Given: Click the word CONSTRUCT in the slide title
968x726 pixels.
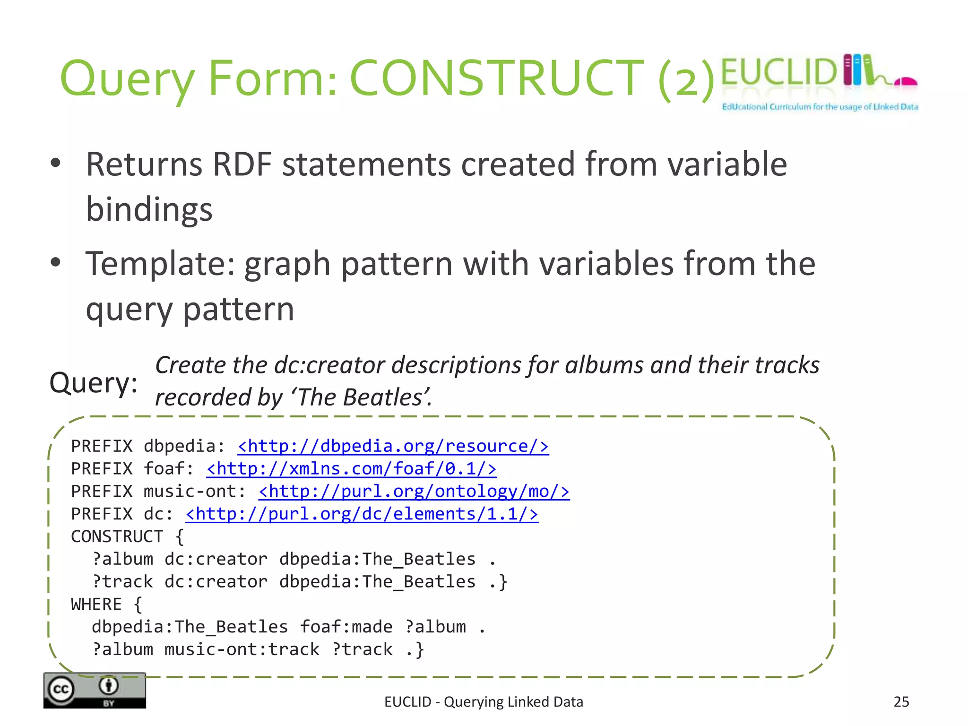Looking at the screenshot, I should (496, 78).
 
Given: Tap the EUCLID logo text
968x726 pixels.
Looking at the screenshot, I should (779, 72).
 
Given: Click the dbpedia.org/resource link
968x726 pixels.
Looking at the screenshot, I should (393, 446).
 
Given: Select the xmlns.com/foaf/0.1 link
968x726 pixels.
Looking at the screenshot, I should (352, 469).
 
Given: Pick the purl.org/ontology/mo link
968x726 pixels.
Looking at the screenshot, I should (414, 492).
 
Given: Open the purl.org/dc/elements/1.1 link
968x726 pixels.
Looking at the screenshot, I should (362, 514).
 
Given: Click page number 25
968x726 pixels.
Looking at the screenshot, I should (901, 702).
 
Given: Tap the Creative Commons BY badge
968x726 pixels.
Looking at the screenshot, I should (95, 691).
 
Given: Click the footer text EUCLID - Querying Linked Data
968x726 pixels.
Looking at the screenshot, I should (484, 702).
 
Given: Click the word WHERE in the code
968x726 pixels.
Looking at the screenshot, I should (96, 605).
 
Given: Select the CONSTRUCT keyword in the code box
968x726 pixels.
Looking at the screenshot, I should (117, 537).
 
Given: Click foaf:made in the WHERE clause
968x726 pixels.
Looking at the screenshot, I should (346, 627).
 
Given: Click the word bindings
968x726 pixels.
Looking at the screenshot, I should (149, 209).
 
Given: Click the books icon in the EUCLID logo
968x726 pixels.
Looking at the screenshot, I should (858, 70).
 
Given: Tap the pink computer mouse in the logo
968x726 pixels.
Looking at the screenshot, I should (906, 82).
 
